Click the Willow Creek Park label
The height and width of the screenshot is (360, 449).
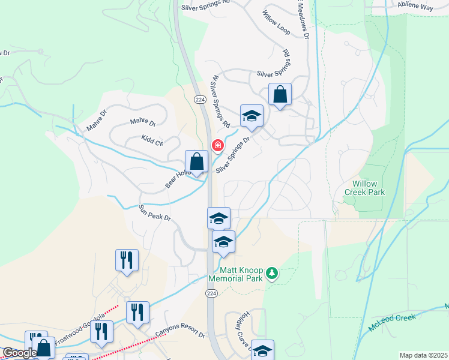[364, 188]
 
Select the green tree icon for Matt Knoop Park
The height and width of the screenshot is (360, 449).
[273, 274]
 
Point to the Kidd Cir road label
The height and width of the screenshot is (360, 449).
[152, 142]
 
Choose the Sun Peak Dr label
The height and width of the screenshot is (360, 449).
[154, 213]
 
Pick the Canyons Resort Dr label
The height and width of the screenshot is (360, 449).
[180, 334]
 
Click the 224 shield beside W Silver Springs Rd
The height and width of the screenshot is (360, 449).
[200, 99]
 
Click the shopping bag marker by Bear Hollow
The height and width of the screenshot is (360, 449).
[196, 161]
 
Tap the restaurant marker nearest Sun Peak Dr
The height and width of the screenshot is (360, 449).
[127, 260]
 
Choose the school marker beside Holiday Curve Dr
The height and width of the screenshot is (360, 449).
[262, 350]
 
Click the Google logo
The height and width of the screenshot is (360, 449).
[20, 353]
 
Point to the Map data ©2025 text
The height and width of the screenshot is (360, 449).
[423, 355]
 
